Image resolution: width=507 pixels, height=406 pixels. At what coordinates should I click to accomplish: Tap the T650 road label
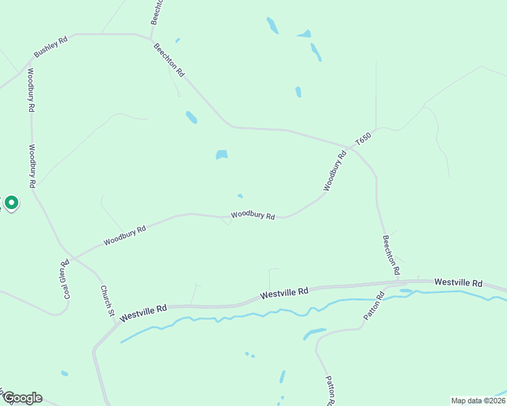click(364, 140)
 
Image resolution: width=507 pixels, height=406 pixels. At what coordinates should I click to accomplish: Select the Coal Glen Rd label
click(66, 279)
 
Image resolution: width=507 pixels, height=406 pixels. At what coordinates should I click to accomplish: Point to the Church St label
click(106, 300)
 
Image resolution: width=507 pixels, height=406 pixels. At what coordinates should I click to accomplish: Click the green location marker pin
click(12, 202)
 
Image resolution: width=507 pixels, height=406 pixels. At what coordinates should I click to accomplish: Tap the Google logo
click(22, 398)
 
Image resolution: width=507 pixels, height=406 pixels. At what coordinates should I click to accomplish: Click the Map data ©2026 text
click(478, 400)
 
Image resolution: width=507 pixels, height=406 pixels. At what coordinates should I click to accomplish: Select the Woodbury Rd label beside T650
click(335, 171)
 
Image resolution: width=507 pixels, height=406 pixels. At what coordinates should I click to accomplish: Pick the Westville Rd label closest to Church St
click(143, 313)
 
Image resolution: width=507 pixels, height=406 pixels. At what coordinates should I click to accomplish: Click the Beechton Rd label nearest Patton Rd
click(390, 255)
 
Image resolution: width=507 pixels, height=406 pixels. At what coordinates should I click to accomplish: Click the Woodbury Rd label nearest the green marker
click(32, 166)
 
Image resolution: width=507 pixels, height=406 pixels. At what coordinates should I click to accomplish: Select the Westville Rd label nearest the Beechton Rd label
click(458, 281)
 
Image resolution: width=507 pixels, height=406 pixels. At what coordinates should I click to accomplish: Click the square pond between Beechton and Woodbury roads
click(222, 154)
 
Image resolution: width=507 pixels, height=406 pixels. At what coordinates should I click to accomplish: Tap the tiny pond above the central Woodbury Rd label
click(240, 196)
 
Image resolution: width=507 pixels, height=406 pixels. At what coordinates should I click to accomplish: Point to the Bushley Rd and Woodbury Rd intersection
click(30, 62)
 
